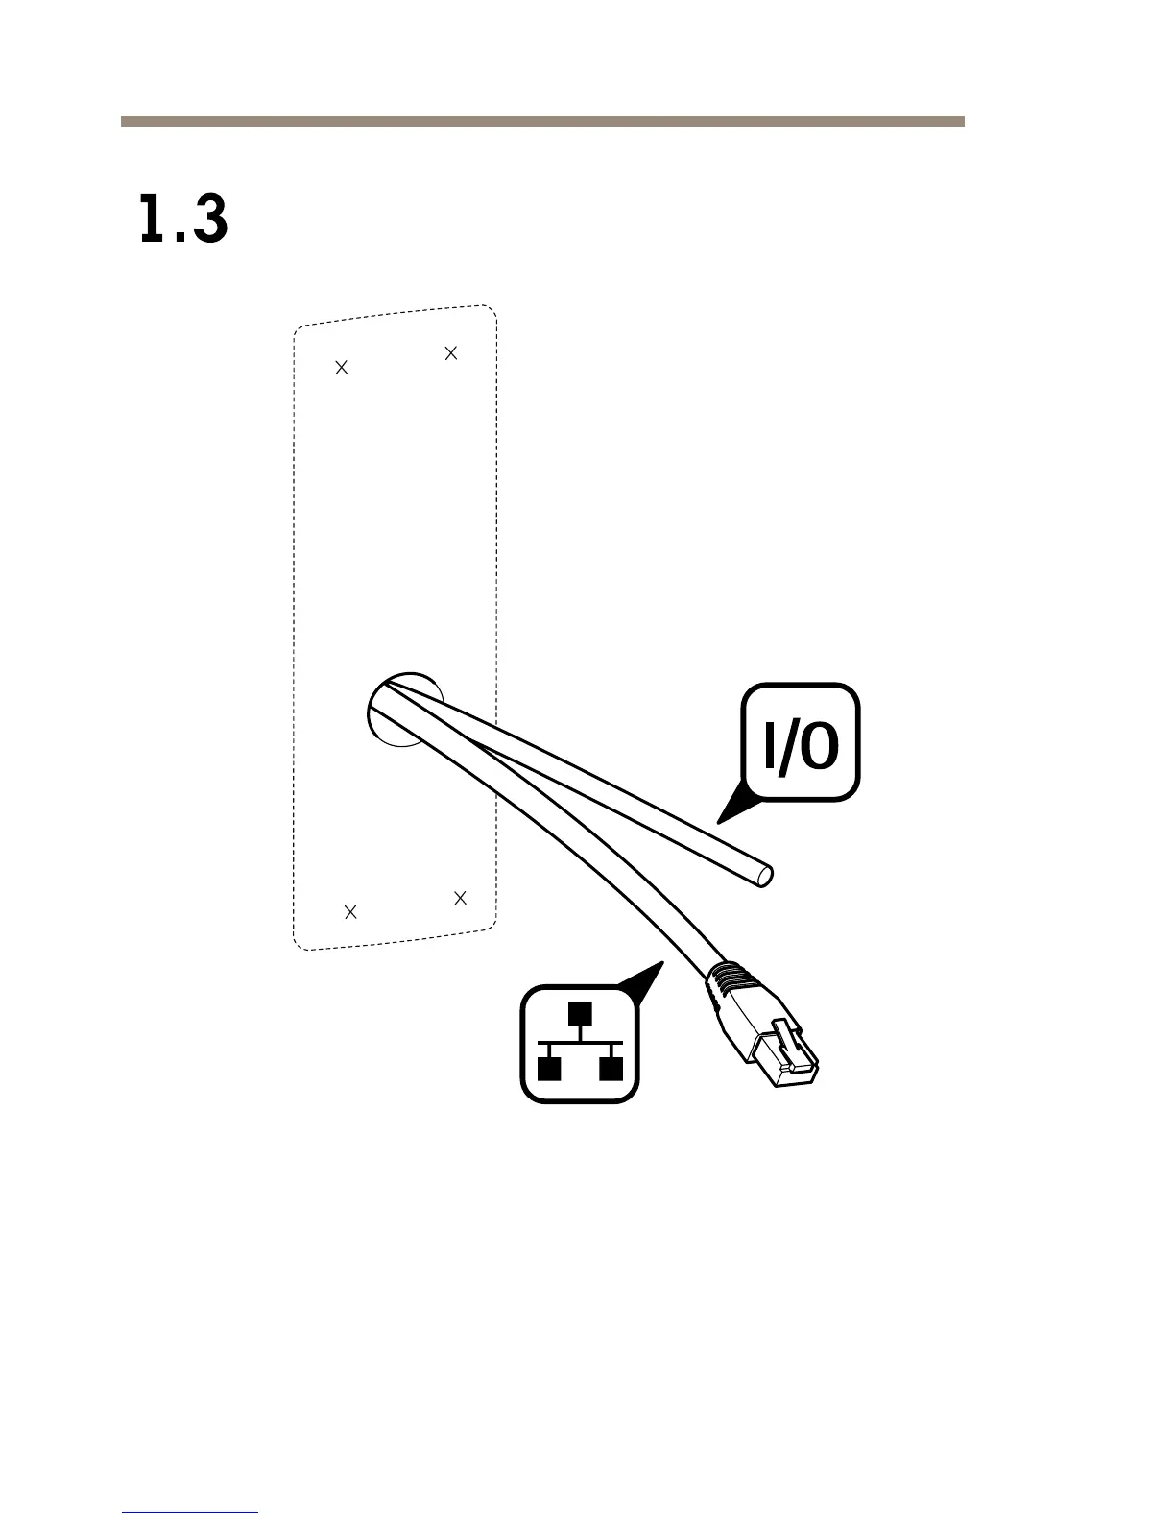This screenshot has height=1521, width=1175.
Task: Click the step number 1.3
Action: click(x=183, y=220)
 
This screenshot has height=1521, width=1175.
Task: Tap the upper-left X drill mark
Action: click(x=341, y=367)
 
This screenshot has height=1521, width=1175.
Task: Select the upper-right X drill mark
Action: click(x=451, y=353)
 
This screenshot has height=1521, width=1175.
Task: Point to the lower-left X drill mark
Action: click(x=350, y=911)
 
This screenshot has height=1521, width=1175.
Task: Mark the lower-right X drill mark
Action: click(x=460, y=898)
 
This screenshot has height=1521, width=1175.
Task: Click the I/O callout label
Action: click(x=802, y=742)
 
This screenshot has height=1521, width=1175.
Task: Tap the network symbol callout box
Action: click(x=580, y=1044)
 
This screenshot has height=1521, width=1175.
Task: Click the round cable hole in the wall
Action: click(x=403, y=709)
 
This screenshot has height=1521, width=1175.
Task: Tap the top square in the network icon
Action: click(x=580, y=1014)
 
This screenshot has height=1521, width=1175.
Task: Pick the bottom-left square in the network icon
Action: click(x=548, y=1068)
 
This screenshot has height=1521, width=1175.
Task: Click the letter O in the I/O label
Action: click(x=818, y=746)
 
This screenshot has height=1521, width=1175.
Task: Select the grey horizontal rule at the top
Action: click(x=542, y=122)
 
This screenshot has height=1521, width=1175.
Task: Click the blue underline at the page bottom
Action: click(x=190, y=1512)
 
